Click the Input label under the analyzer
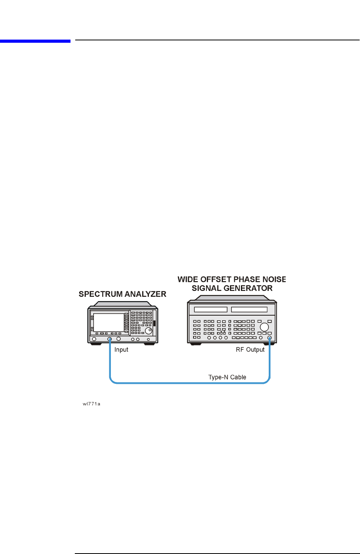[121, 350]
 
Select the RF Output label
[250, 350]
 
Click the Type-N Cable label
[227, 377]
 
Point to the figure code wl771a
[91, 404]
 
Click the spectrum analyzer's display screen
[109, 322]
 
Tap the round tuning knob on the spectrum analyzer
[148, 331]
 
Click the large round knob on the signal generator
[265, 327]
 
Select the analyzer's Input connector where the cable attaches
[110, 339]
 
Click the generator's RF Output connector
[270, 338]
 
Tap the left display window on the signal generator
[211, 309]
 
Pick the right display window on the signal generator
[249, 309]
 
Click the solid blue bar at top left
[35, 41]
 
